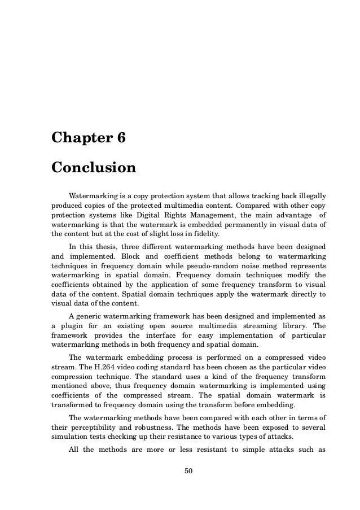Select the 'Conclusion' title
pos(94,168)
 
